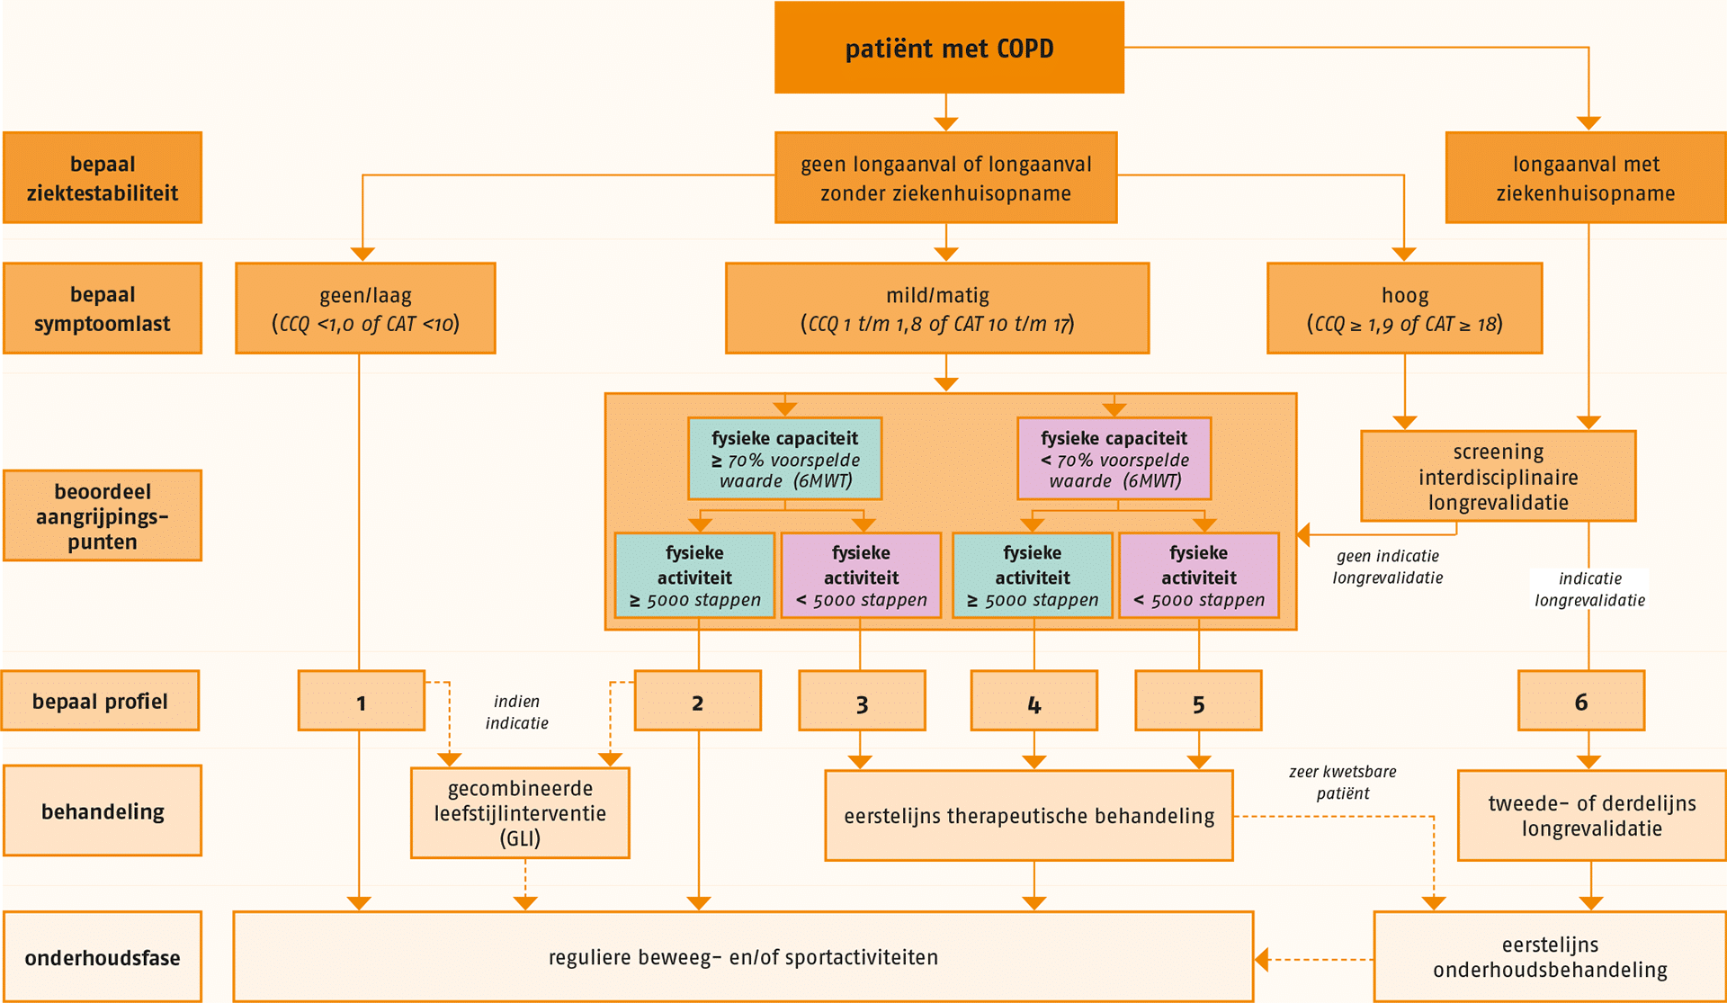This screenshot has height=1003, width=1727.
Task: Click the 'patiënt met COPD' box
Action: (x=949, y=48)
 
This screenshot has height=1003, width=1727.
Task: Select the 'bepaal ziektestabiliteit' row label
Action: (x=103, y=178)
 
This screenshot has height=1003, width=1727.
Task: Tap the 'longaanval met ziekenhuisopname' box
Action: (x=1585, y=178)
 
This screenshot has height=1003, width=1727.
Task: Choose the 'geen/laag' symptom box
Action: (x=365, y=309)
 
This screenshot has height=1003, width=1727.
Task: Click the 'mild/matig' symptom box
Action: (x=937, y=309)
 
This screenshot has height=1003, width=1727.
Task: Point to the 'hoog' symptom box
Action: (x=1404, y=309)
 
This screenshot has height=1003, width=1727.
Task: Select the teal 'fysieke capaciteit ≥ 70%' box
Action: (x=784, y=459)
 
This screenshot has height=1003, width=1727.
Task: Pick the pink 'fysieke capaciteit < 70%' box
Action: (x=1114, y=459)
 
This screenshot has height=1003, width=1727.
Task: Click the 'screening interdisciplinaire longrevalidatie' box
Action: (x=1498, y=477)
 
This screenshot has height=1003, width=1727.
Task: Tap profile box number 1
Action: (x=361, y=702)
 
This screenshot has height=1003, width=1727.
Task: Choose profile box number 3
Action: (x=862, y=703)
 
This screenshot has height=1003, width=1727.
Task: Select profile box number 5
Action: (x=1198, y=703)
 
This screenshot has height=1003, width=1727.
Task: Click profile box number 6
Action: (x=1580, y=702)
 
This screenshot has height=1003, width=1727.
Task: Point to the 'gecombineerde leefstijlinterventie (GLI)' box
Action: (x=520, y=813)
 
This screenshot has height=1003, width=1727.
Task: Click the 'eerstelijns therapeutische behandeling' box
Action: (x=1029, y=816)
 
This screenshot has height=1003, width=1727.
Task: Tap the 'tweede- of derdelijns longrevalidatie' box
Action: (x=1591, y=816)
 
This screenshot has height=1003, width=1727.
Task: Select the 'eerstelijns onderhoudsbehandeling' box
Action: (x=1550, y=957)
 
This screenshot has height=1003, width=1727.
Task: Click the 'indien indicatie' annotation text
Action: (x=516, y=712)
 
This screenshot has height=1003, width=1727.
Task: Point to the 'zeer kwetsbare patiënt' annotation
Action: (x=1342, y=783)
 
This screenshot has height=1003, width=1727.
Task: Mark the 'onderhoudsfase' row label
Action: (x=103, y=957)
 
